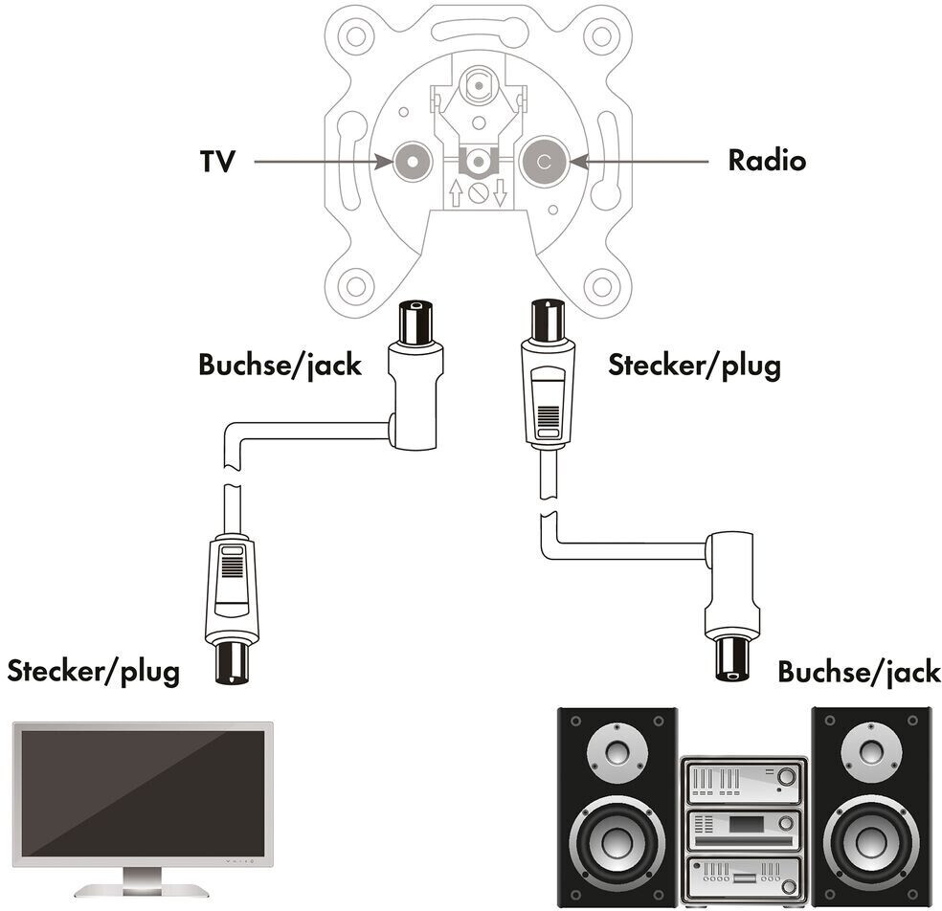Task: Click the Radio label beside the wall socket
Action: pyautogui.click(x=767, y=161)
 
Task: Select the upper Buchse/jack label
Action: pyautogui.click(x=280, y=366)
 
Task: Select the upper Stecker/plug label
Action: pyautogui.click(x=694, y=366)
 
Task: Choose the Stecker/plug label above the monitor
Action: pyautogui.click(x=93, y=672)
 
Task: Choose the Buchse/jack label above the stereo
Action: pyautogui.click(x=859, y=672)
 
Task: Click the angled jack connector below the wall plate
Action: pyautogui.click(x=415, y=383)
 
